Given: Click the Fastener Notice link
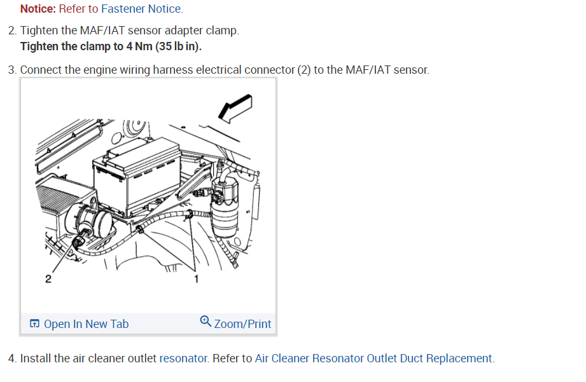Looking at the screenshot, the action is coord(141,9).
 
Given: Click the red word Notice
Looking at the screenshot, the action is coord(38,9).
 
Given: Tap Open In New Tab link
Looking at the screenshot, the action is coord(86,324).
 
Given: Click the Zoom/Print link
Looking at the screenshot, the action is coord(242,324).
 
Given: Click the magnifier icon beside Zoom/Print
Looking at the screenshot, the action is coord(206,322).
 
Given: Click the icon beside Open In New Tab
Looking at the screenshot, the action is coord(34,324).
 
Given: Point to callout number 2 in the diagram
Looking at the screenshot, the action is coord(48,278).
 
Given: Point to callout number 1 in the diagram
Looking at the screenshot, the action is coord(197,278).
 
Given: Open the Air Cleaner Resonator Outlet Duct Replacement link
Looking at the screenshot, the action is coord(373,358).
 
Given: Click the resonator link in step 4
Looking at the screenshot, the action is coord(183,358).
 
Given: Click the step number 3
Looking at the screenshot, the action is coord(12,69).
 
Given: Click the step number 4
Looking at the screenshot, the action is coord(12,358).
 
